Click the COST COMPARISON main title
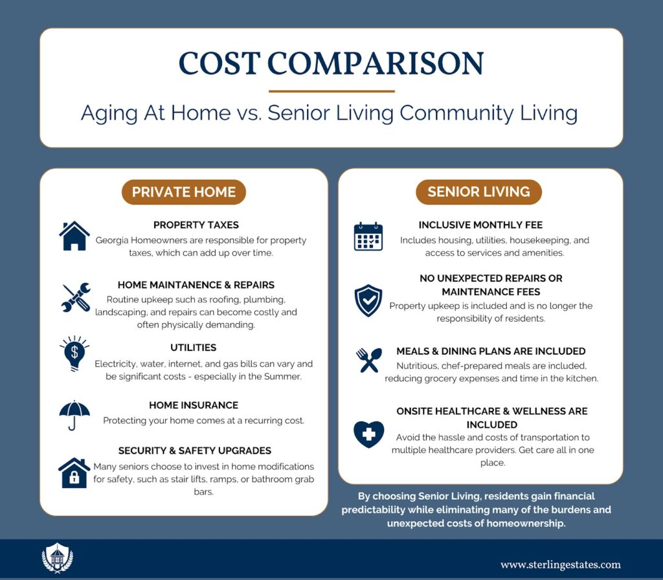pos(331,63)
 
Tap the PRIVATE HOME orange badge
pos(183,192)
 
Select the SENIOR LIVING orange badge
pos(478,192)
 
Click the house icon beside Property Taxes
pos(74,236)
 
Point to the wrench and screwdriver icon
pos(76,298)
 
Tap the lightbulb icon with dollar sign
pos(74,353)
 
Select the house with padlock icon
pos(74,473)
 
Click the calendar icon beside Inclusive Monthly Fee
pos(368,236)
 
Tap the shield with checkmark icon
pos(368,300)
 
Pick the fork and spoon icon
pos(368,360)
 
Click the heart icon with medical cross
pos(368,434)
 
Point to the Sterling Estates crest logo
pos(57,557)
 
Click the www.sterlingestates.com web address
pos(561,564)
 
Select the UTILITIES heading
pos(193,348)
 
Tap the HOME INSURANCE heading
pos(194,405)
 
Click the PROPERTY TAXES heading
pos(196,225)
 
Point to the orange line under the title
pos(331,91)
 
